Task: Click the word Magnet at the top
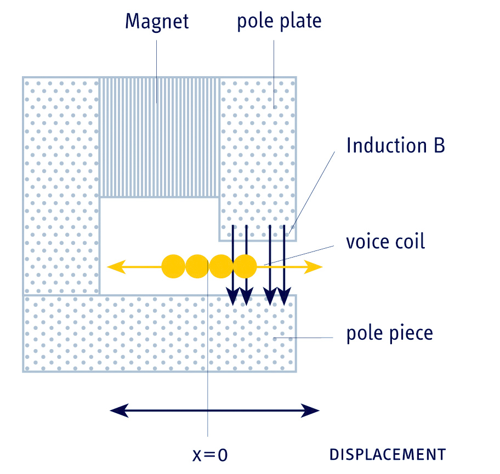(157, 21)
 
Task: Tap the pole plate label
(279, 21)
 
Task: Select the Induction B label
(395, 146)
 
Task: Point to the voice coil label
(385, 242)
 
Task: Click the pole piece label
(389, 333)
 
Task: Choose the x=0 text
(210, 454)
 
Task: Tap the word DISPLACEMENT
(387, 454)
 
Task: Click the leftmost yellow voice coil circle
(173, 267)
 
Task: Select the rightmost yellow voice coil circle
(245, 267)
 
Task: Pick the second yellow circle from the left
(197, 267)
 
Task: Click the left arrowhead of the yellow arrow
(114, 267)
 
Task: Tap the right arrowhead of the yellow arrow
(316, 267)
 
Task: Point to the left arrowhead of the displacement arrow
(117, 410)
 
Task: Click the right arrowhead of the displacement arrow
(312, 410)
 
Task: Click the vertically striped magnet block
(159, 137)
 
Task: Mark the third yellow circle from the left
(221, 267)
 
